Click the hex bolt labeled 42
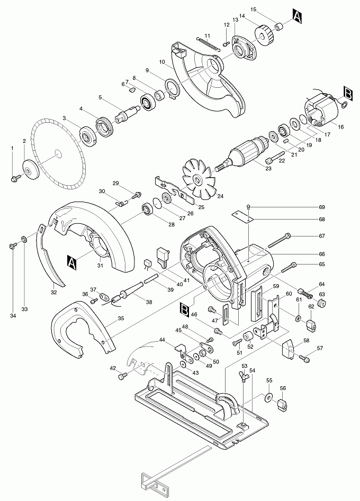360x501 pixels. coord(123,376)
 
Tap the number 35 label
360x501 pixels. coord(121,319)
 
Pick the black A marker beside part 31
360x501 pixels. coord(72,260)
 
